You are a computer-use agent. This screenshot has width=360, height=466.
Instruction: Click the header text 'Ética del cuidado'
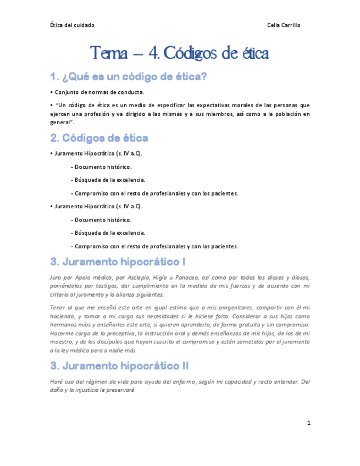click(72, 25)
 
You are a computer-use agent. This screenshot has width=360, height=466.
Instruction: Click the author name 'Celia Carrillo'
click(284, 25)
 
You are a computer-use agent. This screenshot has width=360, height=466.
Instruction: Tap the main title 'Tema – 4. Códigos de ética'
click(180, 54)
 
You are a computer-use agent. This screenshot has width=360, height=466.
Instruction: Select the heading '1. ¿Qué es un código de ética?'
click(128, 77)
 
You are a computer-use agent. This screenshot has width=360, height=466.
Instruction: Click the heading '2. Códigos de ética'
click(99, 137)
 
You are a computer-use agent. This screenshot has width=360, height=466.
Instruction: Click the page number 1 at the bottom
click(309, 423)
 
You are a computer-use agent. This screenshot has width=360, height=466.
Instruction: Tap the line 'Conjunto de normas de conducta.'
click(99, 92)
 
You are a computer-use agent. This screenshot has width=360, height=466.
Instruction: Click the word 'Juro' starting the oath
click(56, 277)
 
